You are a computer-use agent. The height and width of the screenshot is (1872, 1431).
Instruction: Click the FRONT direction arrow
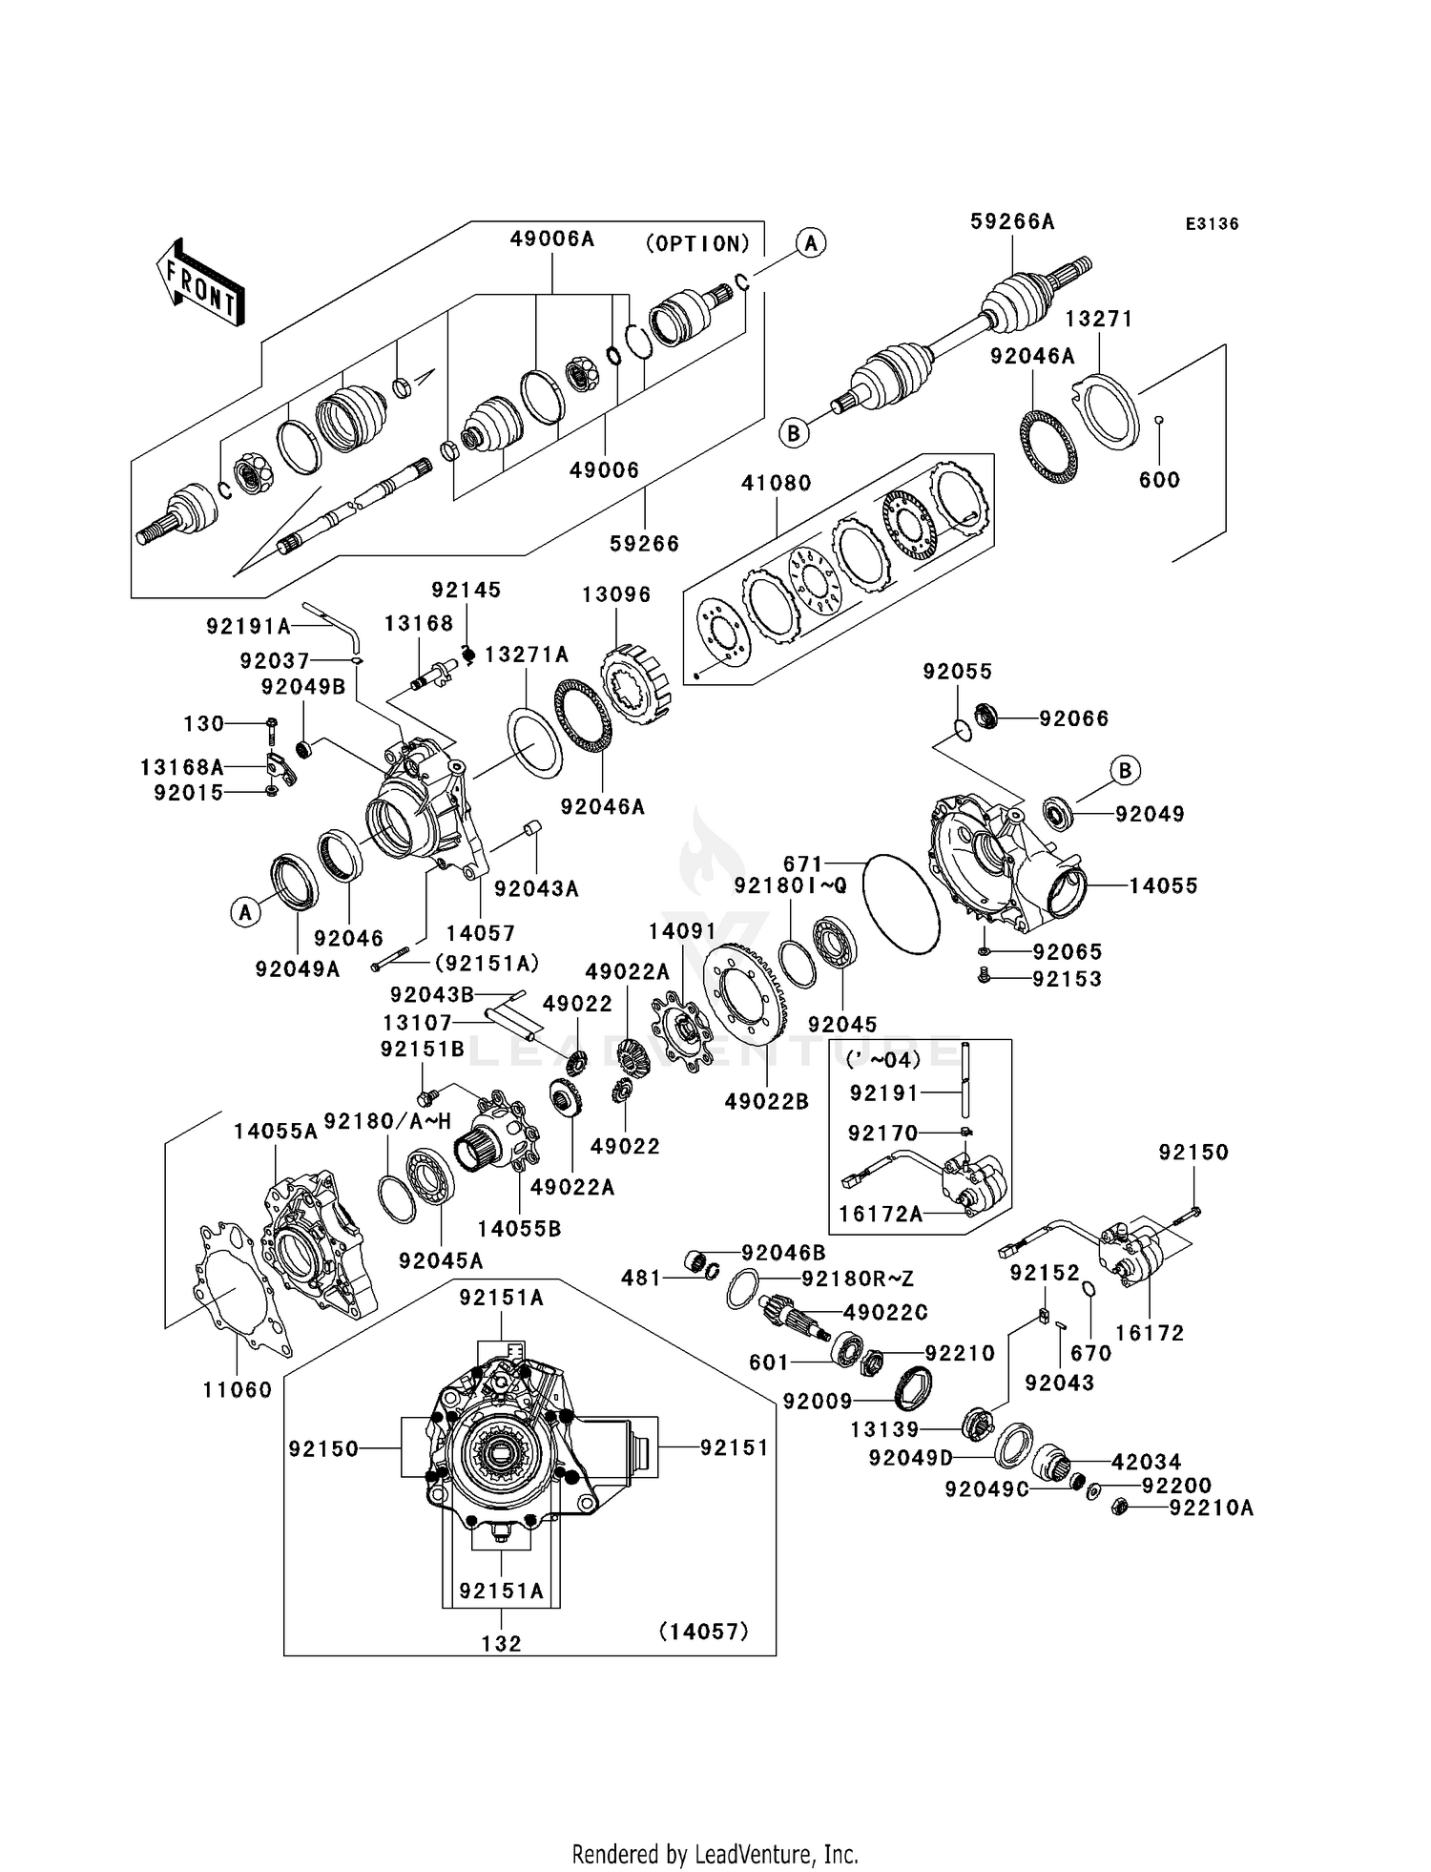[200, 284]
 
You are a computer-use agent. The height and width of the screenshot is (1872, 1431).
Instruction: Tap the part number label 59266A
[1012, 222]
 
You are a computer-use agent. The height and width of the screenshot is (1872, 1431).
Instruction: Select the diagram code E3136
[1212, 224]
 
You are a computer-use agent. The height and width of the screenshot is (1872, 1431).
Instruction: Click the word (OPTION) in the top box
[698, 244]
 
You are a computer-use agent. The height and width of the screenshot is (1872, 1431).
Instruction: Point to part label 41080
[777, 484]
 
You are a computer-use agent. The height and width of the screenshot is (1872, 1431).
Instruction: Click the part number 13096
[616, 594]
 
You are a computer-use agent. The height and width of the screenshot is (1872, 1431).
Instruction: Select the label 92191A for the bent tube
[248, 627]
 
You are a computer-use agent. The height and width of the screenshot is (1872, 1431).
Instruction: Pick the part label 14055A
[276, 1132]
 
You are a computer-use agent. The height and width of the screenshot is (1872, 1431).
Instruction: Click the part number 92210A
[1211, 1508]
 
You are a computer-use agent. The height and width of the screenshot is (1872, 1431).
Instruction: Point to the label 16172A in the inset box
[881, 1215]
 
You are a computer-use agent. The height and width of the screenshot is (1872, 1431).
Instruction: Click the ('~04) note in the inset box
[883, 1060]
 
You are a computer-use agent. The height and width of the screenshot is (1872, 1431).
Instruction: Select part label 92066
[1074, 718]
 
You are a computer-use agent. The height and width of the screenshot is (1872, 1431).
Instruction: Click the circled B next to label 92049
[1125, 770]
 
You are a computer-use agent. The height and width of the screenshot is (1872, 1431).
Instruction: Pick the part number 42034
[1146, 1462]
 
